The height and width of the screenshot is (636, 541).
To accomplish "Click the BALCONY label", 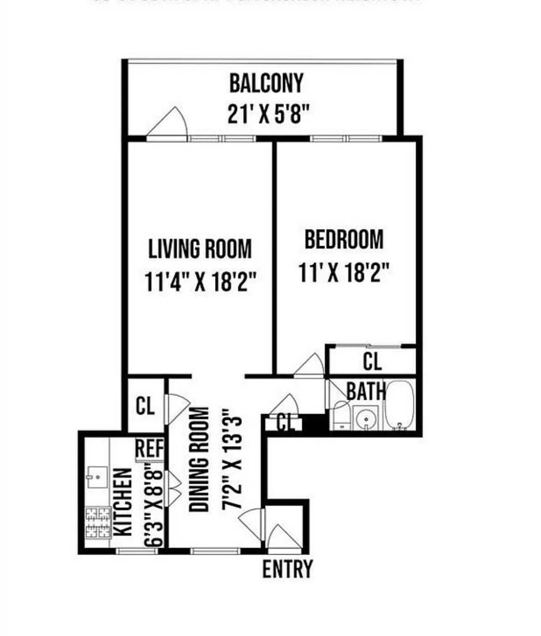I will click(x=266, y=83).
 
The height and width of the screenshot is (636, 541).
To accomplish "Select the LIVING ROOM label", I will click(x=200, y=249).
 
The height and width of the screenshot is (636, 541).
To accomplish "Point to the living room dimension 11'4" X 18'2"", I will click(x=200, y=281).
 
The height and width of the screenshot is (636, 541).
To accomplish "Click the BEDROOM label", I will click(x=344, y=239).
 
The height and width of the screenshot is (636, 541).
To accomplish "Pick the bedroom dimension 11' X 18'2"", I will click(x=344, y=272).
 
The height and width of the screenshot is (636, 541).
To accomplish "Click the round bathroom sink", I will click(x=366, y=418).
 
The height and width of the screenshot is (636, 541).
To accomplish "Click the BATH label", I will click(x=366, y=392).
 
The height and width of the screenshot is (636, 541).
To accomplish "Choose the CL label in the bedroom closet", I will click(x=372, y=361).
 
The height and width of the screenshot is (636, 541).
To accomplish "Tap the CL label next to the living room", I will click(x=145, y=406).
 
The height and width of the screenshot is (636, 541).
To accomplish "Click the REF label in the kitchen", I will click(x=149, y=449).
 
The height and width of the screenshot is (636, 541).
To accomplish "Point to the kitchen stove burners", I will click(x=98, y=522).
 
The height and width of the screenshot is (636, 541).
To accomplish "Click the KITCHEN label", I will click(x=123, y=502).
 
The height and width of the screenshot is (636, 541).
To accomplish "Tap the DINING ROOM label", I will click(x=199, y=459).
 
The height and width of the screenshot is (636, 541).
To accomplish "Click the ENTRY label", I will click(x=287, y=569).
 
